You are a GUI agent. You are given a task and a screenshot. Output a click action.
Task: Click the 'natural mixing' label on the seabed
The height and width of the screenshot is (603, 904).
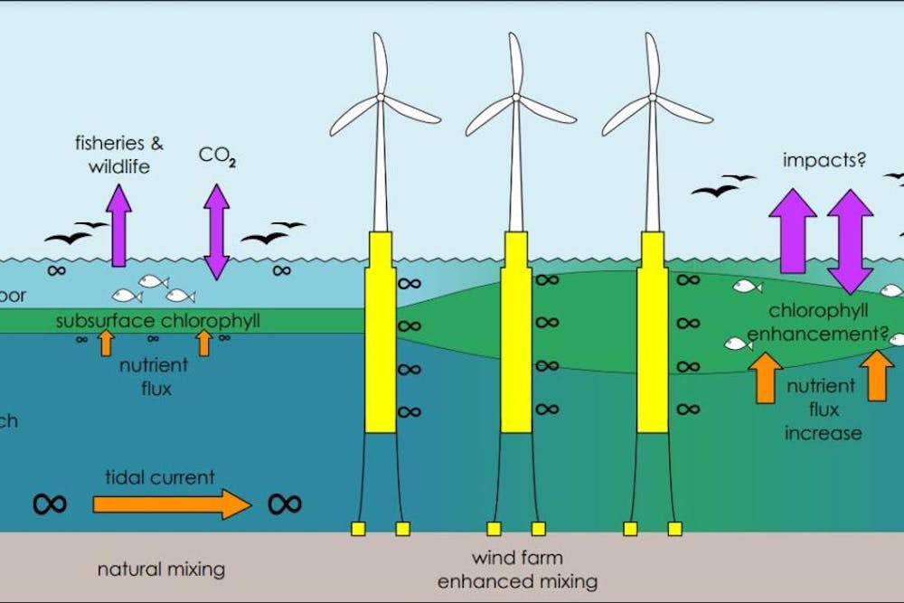pyautogui.click(x=161, y=570)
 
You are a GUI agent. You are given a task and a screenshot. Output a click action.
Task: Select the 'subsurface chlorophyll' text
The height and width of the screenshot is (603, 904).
pyautogui.click(x=157, y=321)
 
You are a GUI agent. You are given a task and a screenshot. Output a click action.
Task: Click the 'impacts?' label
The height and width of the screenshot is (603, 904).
pyautogui.click(x=824, y=161)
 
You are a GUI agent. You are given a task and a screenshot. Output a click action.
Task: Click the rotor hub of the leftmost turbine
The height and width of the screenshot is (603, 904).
pyautogui.click(x=381, y=97)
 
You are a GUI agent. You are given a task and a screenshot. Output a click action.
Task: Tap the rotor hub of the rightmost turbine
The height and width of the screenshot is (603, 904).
pyautogui.click(x=652, y=97)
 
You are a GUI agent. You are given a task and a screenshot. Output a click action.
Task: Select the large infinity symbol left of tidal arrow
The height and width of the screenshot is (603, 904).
pyautogui.click(x=49, y=504)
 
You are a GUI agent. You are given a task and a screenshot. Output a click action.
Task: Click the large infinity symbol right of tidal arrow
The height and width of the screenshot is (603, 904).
pyautogui.click(x=285, y=504)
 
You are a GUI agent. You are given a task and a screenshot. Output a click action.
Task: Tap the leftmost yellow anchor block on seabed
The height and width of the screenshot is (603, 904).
pyautogui.click(x=357, y=528)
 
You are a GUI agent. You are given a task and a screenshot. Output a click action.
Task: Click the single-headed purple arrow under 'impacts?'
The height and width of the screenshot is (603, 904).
pyautogui.click(x=792, y=231)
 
